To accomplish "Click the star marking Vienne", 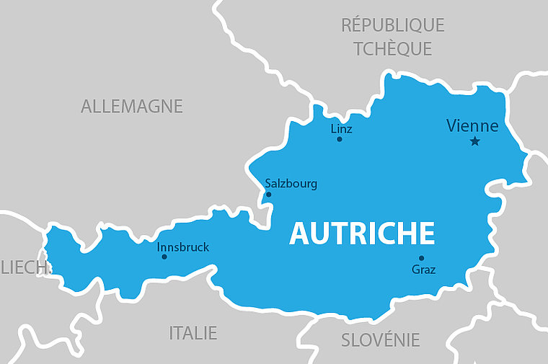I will [474, 141].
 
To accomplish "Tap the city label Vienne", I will [472, 126].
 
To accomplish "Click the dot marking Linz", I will [339, 139].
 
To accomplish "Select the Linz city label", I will [341, 129].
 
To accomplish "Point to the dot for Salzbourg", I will [269, 194].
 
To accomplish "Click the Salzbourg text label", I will [291, 184].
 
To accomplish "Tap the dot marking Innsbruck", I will [164, 257].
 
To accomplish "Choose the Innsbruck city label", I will [183, 247].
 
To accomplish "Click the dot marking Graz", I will [421, 258].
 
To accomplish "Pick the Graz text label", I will [423, 270].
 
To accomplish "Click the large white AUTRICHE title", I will [362, 234].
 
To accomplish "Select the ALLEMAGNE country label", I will [132, 107].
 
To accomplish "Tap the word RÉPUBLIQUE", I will [392, 25].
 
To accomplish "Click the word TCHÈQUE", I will [392, 49].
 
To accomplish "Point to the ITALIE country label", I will [193, 333].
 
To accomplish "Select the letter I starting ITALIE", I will [172, 333].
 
